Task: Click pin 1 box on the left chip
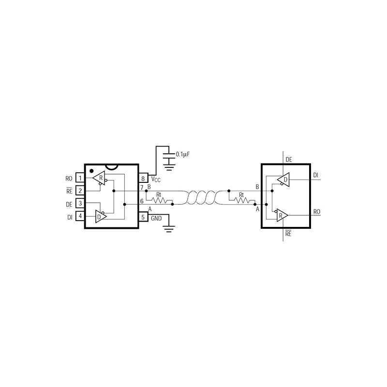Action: point(80,178)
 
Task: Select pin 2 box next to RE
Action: point(80,191)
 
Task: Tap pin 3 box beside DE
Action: point(80,204)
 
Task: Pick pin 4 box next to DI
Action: point(80,216)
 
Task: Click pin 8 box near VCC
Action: point(143,178)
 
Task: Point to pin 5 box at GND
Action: point(143,217)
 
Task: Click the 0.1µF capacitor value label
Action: point(183,154)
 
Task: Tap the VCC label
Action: point(156,179)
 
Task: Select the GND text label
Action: point(156,219)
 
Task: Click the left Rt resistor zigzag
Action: point(159,200)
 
